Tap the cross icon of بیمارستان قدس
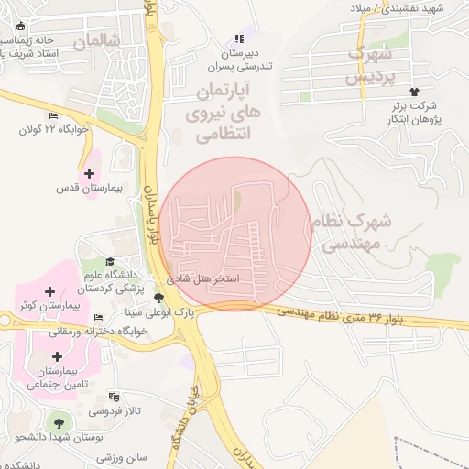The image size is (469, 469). point(89,172)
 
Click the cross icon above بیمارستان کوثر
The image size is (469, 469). point(49,290)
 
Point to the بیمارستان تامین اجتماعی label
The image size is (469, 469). point(57,377)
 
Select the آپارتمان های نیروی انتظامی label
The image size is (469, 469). point(225,113)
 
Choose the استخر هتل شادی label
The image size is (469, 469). point(202,278)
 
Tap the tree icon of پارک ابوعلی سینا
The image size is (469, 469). point(159,298)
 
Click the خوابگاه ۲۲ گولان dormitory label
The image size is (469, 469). point(51,129)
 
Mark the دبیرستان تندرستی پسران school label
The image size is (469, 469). point(240,60)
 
